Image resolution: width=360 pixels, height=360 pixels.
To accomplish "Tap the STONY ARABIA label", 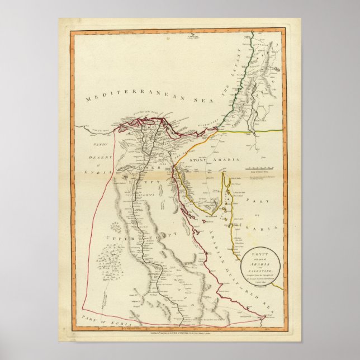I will pos(207,160).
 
